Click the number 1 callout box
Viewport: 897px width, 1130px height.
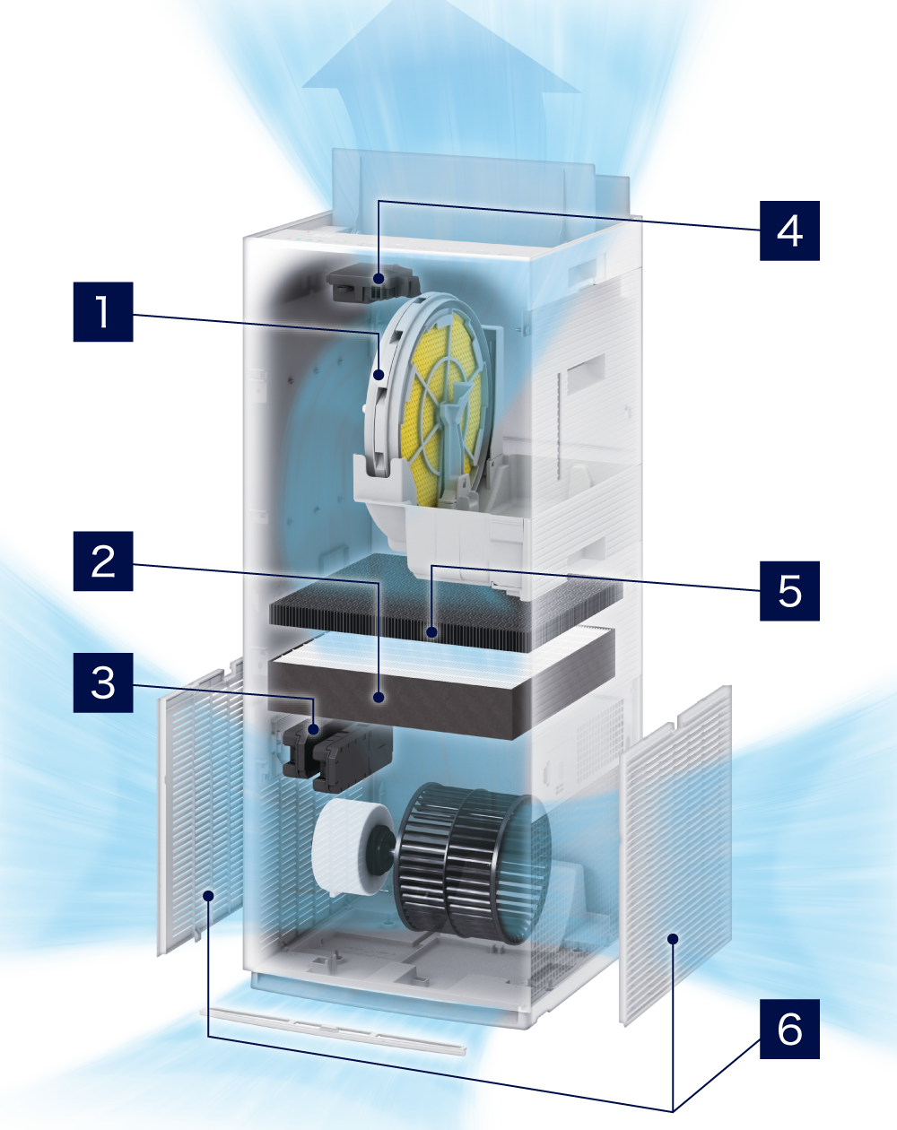103,312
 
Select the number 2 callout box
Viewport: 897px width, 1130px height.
103,561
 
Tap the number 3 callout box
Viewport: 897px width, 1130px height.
103,682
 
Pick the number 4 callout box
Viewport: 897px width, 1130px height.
789,230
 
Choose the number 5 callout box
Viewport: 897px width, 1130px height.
789,591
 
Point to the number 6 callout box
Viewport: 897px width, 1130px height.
789,1029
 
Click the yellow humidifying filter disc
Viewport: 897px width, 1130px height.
442,409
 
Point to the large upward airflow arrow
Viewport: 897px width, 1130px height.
441,105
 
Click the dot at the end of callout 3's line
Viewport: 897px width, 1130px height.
314,729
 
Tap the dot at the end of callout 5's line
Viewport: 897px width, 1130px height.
431,632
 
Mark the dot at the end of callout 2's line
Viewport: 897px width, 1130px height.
379,698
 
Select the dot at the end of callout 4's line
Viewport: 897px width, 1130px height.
379,278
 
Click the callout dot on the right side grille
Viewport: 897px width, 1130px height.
673,939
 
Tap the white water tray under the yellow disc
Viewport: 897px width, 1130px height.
441,520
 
